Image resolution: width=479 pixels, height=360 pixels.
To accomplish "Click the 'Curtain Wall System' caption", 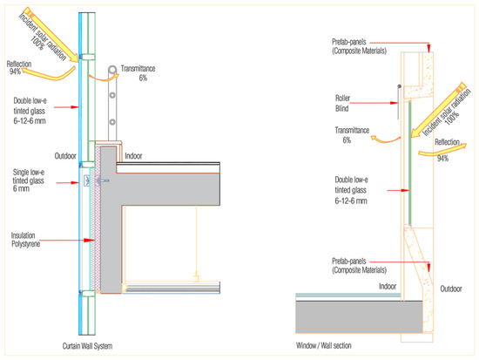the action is pyautogui.click(x=87, y=346).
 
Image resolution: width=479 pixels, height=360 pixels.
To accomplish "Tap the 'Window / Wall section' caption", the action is pyautogui.click(x=323, y=346).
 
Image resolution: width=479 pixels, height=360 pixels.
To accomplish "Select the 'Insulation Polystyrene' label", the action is pyautogui.click(x=25, y=240).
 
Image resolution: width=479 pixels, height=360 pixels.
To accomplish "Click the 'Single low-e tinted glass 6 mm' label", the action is pyautogui.click(x=29, y=180).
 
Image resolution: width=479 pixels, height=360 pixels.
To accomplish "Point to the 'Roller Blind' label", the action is pyautogui.click(x=342, y=103).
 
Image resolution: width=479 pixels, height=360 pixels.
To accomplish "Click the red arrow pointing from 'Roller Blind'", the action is pyautogui.click(x=374, y=103).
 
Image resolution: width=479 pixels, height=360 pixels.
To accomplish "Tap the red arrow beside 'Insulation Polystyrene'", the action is pyautogui.click(x=67, y=240).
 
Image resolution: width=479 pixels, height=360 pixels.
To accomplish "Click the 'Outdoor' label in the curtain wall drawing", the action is pyautogui.click(x=65, y=156).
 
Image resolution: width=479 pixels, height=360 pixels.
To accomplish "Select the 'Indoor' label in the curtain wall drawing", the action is pyautogui.click(x=133, y=156).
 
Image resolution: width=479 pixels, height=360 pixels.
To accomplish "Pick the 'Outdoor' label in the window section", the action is pyautogui.click(x=451, y=289).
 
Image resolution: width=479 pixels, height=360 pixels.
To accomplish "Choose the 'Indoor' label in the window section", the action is pyautogui.click(x=388, y=286).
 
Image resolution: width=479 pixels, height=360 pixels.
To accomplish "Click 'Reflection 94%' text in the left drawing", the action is pyautogui.click(x=19, y=68).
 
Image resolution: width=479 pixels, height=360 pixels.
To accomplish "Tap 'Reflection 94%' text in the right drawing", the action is pyautogui.click(x=447, y=150).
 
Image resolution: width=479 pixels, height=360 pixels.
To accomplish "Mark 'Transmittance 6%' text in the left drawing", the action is pyautogui.click(x=138, y=73).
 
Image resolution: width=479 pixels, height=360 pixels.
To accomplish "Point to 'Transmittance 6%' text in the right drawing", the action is pyautogui.click(x=352, y=135).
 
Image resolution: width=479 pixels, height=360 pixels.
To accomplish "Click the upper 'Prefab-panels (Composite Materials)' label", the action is pyautogui.click(x=359, y=46).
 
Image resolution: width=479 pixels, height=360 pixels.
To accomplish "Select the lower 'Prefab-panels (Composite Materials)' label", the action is pyautogui.click(x=359, y=266).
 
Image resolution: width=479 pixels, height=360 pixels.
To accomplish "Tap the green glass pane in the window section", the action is pyautogui.click(x=409, y=162).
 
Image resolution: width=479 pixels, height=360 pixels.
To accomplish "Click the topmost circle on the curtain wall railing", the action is pyautogui.click(x=112, y=70).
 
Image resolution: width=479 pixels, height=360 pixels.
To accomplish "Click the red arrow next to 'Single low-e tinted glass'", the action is pyautogui.click(x=68, y=182).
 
